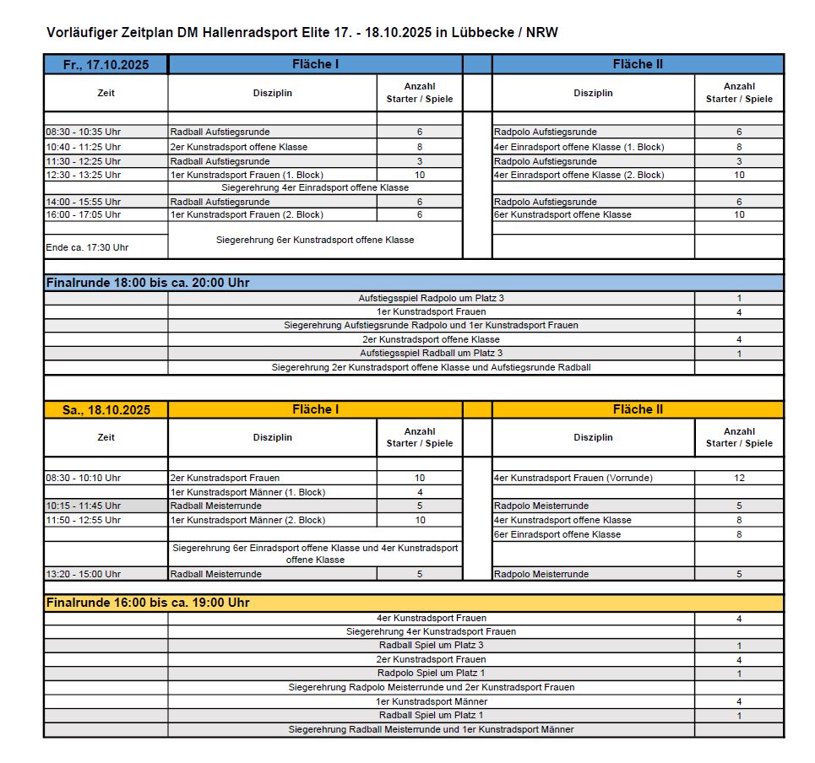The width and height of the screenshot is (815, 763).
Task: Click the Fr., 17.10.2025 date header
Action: coord(106,65)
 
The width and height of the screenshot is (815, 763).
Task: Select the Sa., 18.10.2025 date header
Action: coord(106,410)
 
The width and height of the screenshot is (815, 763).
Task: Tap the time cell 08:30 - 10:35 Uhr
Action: coord(83,133)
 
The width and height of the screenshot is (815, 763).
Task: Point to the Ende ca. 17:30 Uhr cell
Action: coord(87,247)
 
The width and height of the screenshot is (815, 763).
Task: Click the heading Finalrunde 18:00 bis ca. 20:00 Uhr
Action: coord(148,283)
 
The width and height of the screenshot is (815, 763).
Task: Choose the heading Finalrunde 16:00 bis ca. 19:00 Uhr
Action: coord(148,603)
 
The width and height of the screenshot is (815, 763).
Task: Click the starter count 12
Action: coord(739,478)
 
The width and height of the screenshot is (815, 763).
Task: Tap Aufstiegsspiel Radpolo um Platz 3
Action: coord(431,298)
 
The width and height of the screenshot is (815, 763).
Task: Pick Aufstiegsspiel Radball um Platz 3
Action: coord(431,353)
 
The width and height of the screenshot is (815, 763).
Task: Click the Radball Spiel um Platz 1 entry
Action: coord(431,716)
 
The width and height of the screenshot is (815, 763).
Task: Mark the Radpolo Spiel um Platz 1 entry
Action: coord(431,674)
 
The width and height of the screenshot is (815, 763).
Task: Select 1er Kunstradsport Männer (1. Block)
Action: coord(247,492)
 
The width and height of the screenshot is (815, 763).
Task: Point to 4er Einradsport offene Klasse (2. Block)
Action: coord(579,175)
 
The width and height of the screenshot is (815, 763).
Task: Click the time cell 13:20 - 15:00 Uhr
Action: coord(83,574)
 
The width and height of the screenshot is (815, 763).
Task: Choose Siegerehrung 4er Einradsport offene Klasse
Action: coord(315,187)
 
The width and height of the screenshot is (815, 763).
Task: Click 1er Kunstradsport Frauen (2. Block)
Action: coord(247,214)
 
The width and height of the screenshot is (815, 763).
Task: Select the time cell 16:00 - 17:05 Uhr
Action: coord(83,214)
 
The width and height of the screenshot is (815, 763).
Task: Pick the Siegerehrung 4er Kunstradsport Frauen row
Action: coord(431,631)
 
